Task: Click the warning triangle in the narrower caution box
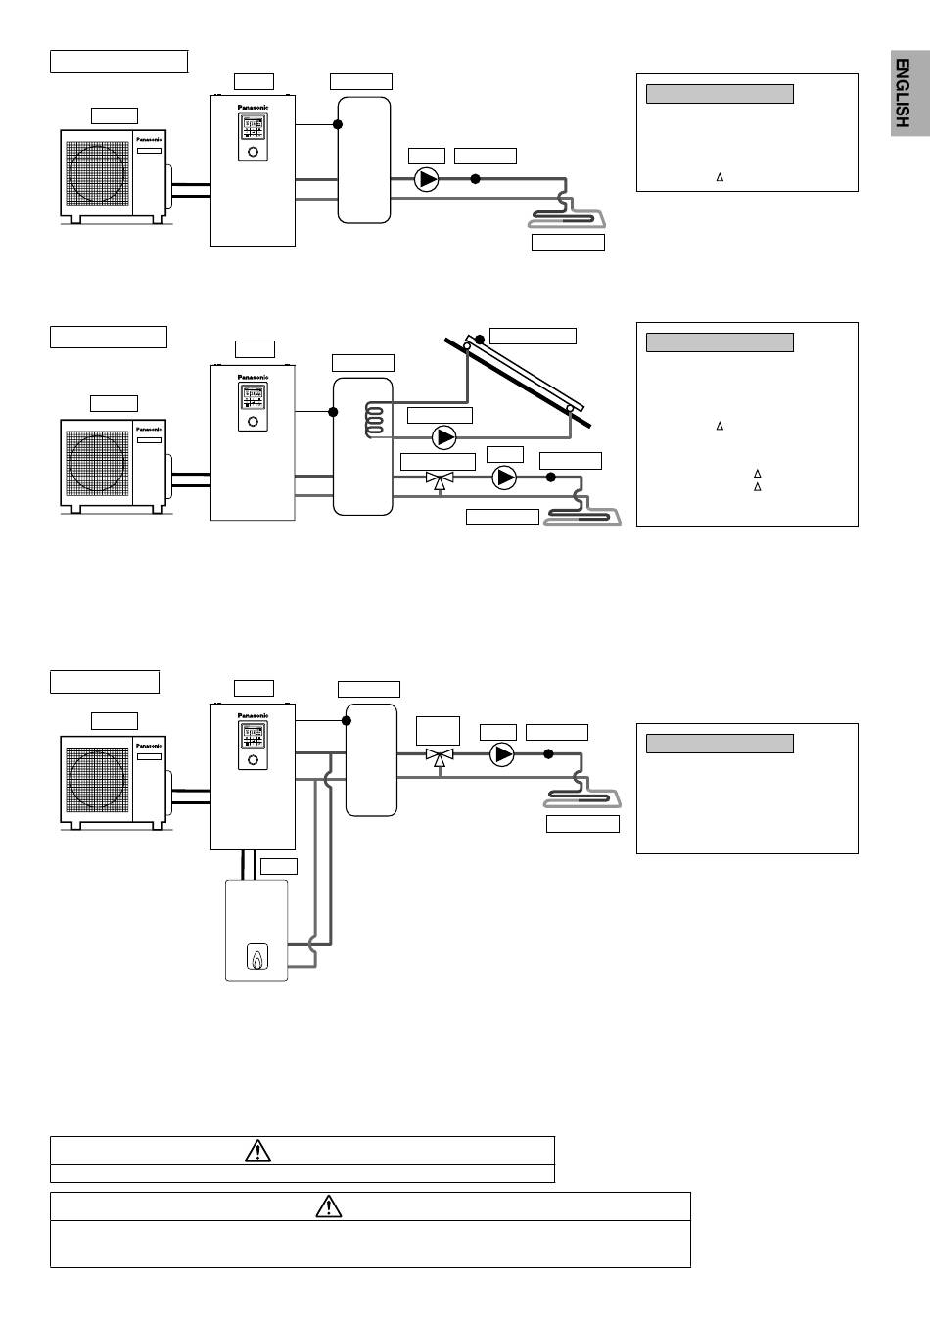pos(257,1151)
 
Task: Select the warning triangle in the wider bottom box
pos(329,1206)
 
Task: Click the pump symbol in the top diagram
pos(427,179)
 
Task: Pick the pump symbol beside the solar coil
pos(444,436)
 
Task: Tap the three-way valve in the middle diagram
pos(440,478)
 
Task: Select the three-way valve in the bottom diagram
pos(439,756)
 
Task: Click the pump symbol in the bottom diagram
pos(501,754)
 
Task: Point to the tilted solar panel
pos(519,382)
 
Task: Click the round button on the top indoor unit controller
pos(253,152)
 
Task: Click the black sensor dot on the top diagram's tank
pos(337,124)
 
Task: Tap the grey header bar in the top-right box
pos(720,94)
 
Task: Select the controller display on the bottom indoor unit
pos(253,735)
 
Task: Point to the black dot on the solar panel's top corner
pos(480,340)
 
